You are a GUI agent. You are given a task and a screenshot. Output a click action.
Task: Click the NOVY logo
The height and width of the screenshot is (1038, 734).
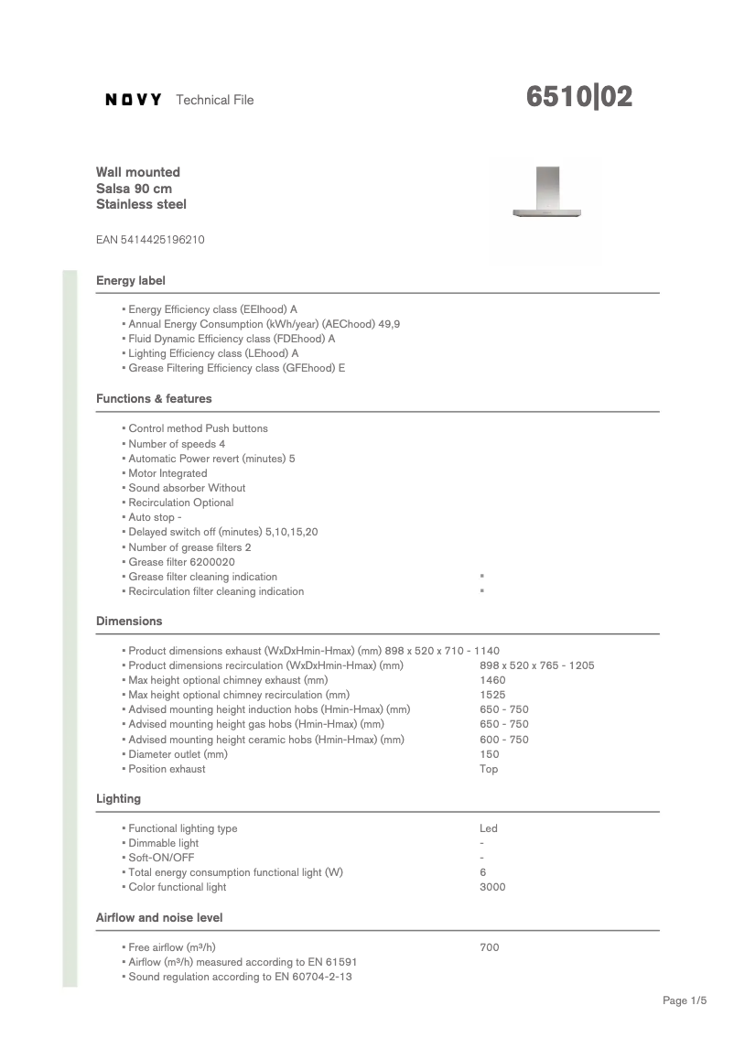(134, 100)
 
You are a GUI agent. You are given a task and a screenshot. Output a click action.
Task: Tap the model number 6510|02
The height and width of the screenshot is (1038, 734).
(579, 97)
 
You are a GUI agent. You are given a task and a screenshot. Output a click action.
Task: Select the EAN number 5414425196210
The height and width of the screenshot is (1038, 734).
(150, 240)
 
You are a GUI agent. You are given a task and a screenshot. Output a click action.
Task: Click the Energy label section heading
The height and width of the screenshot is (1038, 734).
(131, 280)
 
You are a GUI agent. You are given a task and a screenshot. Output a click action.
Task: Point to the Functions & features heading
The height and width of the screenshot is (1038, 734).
(154, 399)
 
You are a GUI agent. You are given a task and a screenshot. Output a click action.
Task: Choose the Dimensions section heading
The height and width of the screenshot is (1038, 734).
(129, 622)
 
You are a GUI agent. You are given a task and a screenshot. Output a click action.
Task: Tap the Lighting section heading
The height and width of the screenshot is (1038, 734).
(119, 799)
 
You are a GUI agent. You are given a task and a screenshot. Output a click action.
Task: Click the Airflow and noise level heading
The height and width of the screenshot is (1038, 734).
(159, 917)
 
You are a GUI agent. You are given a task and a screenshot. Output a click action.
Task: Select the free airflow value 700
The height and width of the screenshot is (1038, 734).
(490, 947)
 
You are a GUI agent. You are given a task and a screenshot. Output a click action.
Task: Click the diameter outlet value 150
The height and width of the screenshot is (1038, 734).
(490, 754)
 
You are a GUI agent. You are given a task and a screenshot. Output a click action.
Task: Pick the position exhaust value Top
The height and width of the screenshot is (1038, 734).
(489, 769)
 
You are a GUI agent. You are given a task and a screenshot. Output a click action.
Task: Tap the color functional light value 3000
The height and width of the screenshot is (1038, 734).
(492, 887)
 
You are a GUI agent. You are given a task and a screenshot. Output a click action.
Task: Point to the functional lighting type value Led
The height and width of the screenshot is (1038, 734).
(489, 828)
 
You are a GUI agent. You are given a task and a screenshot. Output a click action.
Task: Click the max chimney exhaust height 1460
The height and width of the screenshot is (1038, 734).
(492, 680)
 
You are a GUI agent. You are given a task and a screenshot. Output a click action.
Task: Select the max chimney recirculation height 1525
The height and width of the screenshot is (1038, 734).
(492, 695)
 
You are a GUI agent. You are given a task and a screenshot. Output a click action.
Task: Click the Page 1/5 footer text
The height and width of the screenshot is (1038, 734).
(685, 1000)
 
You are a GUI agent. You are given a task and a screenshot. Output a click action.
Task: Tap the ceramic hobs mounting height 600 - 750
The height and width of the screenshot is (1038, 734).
(504, 740)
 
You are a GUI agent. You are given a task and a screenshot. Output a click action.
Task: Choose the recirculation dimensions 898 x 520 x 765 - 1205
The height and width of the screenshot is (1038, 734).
(536, 665)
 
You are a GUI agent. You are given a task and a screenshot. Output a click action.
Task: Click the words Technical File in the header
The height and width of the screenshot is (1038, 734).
(214, 100)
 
